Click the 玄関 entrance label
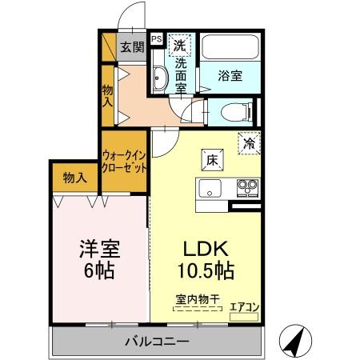[132, 46]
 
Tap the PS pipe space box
[155, 38]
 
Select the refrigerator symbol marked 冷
[250, 143]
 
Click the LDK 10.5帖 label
[205, 258]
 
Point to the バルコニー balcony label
[157, 342]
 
